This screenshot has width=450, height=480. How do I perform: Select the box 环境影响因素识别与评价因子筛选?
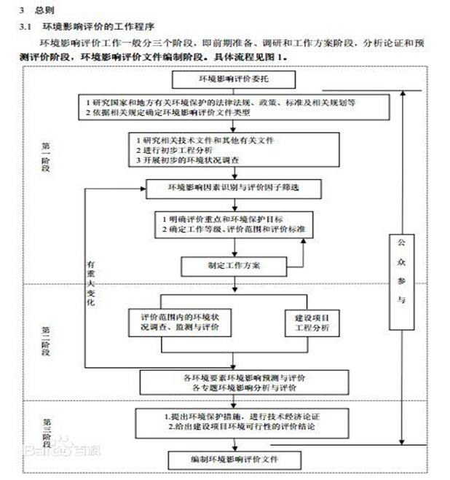point(224,188)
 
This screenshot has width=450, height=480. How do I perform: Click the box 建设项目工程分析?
point(311,323)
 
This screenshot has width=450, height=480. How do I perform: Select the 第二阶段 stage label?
point(45,341)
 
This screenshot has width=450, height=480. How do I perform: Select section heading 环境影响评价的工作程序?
point(90,27)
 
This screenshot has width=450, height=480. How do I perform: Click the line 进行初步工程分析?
point(170,149)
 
